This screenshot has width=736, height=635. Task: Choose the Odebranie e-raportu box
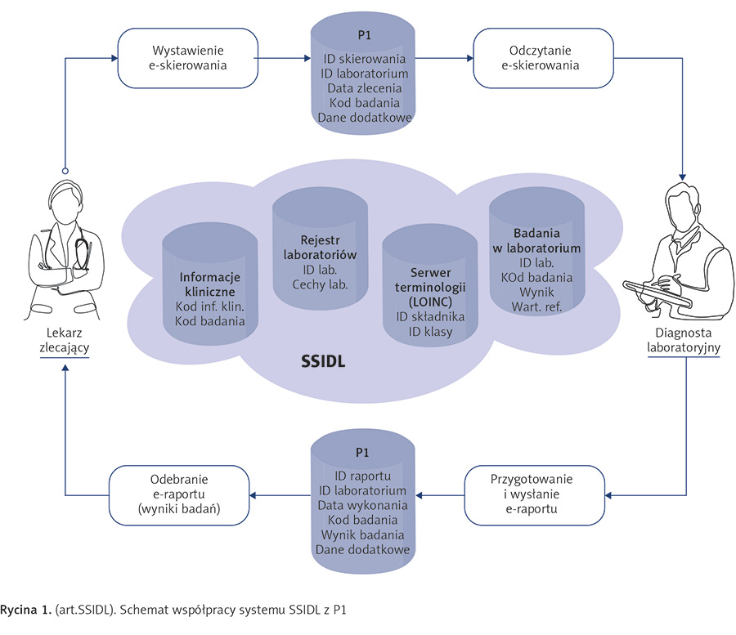coord(168,494)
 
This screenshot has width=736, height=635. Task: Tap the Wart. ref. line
coord(535,306)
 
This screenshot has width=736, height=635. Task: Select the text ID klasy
coord(419,332)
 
